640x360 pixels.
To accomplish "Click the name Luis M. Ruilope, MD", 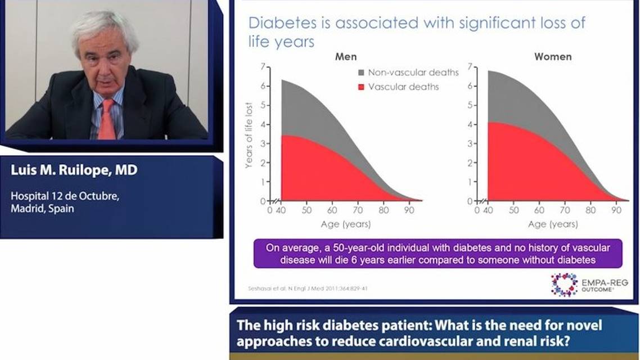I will click(x=74, y=170).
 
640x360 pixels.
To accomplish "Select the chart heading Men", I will click(x=346, y=57).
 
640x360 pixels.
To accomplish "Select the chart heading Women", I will click(x=552, y=57).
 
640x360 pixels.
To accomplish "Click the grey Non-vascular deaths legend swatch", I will click(x=360, y=73).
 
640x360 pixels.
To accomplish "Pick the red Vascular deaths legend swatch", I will click(x=360, y=87).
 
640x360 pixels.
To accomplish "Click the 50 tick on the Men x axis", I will click(x=307, y=210).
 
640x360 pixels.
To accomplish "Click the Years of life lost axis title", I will click(x=248, y=135).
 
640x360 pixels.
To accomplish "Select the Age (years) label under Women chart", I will click(x=552, y=224).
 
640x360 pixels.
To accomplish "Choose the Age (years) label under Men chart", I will click(x=346, y=224).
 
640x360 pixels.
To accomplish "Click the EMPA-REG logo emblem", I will click(x=564, y=284).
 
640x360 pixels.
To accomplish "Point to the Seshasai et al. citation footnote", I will click(x=308, y=289).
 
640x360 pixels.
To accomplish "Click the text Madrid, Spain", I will click(x=42, y=208).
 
